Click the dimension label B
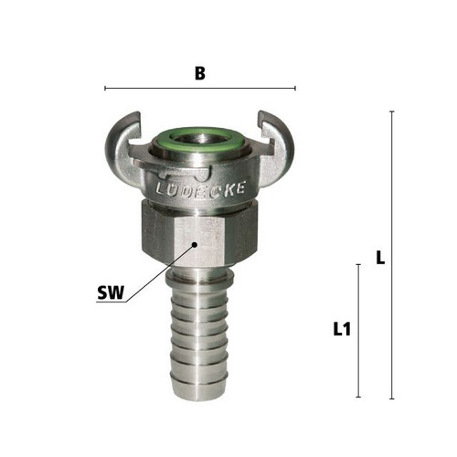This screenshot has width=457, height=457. point(200,73)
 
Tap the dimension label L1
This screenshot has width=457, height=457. point(342,329)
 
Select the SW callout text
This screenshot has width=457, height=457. point(111,292)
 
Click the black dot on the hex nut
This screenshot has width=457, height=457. point(195,244)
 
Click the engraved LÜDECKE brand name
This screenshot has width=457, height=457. point(200,189)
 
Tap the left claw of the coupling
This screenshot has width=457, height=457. point(122,149)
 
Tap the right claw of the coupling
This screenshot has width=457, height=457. point(276,148)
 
